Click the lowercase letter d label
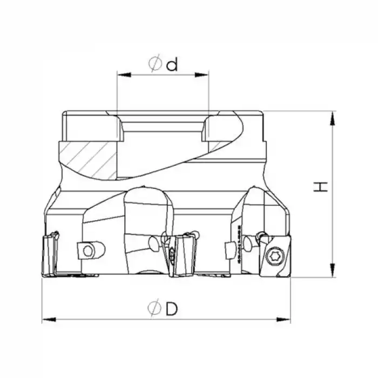tap(172, 65)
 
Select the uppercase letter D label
tap(172, 309)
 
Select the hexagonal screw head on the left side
tap(86, 249)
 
